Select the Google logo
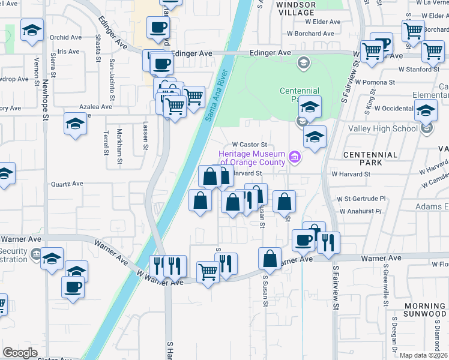point(20,353)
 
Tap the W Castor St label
point(249,145)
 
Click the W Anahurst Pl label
point(361,211)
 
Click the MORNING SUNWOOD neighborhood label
point(425,310)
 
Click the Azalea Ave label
point(96,106)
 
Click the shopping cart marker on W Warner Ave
point(208,272)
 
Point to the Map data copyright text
point(424,355)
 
